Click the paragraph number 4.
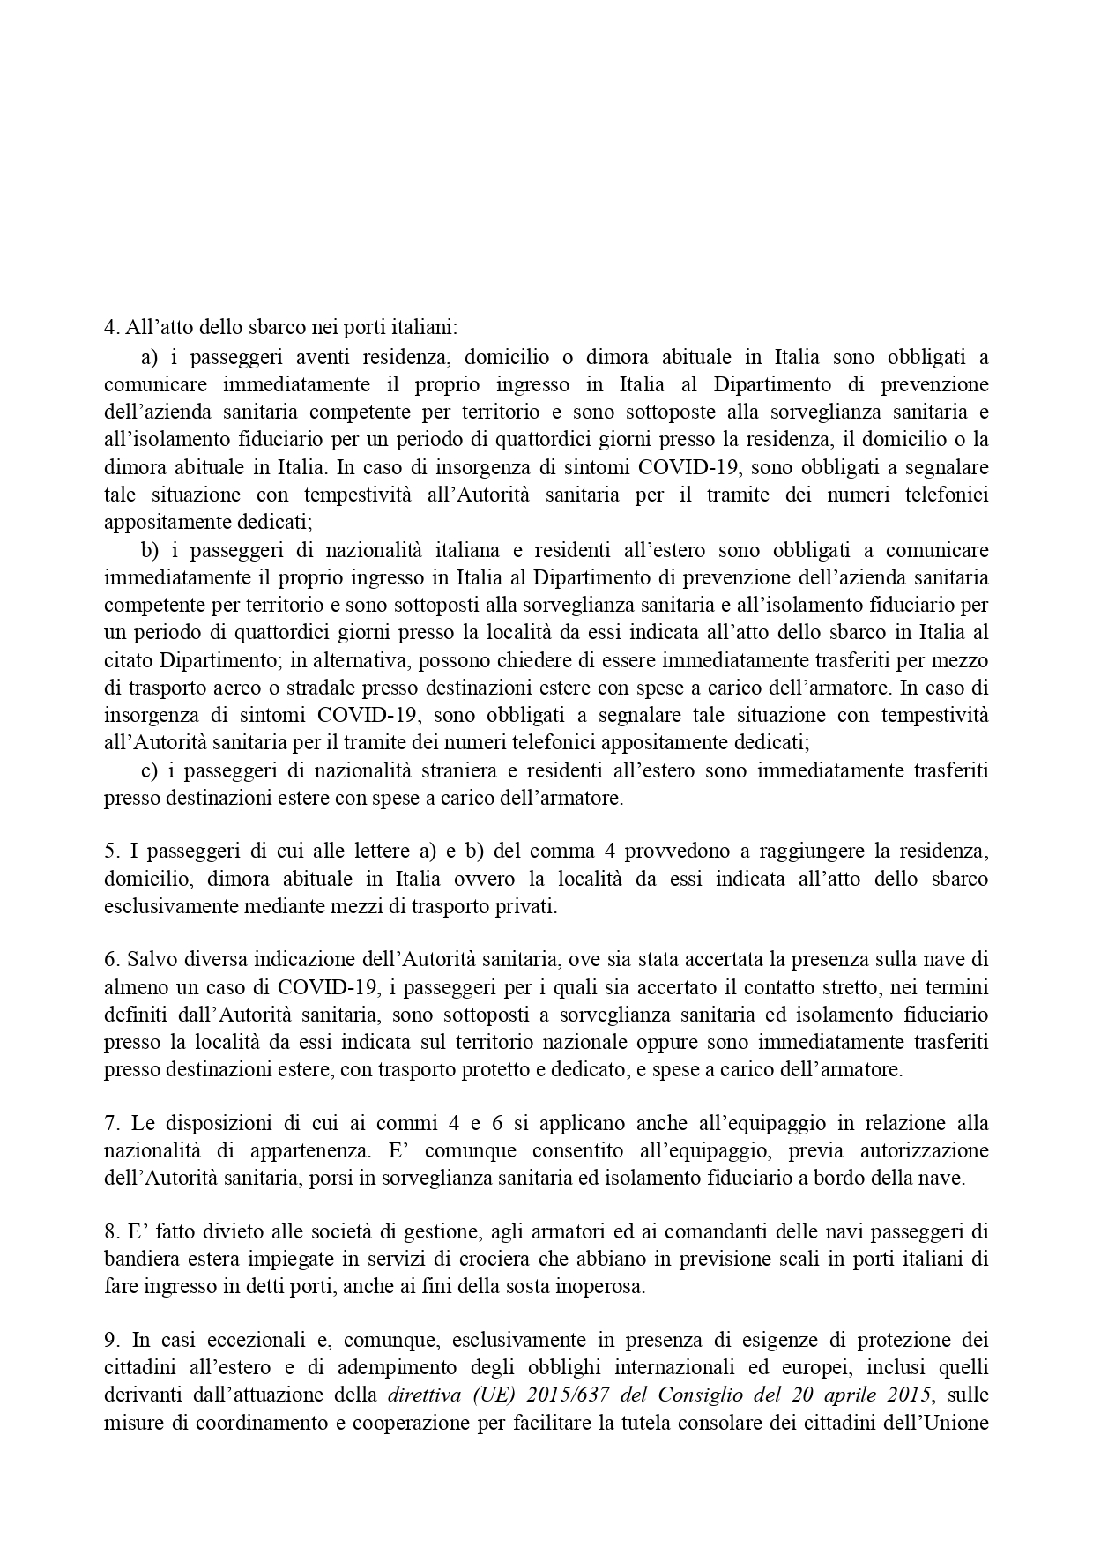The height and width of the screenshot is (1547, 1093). [110, 328]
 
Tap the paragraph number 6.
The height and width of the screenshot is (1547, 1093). [110, 959]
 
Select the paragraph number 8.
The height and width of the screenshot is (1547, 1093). [110, 1231]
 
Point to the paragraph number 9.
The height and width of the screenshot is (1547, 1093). [110, 1341]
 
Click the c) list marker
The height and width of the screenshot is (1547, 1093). [149, 771]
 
